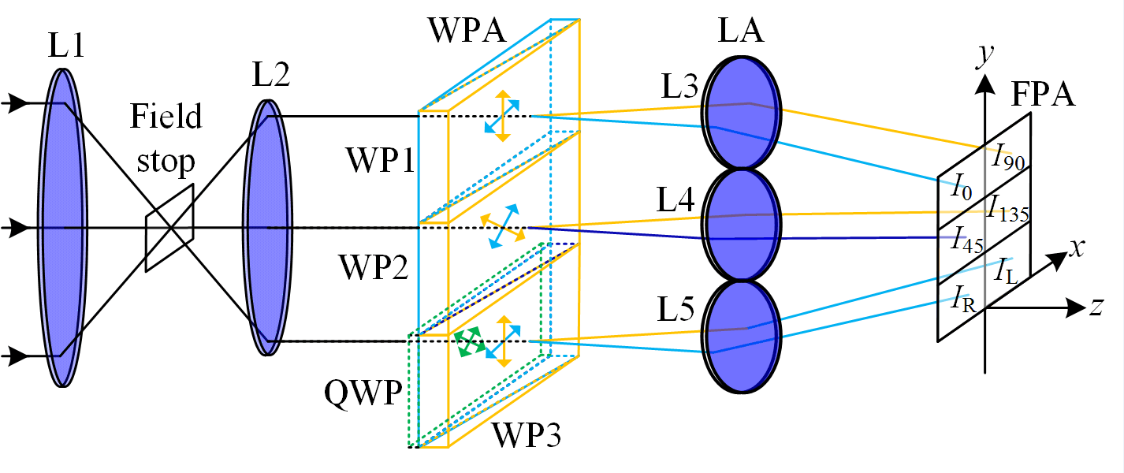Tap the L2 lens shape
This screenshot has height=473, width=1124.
(x=267, y=229)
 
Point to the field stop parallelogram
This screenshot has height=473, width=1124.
(x=169, y=228)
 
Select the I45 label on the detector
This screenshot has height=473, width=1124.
(x=968, y=237)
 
